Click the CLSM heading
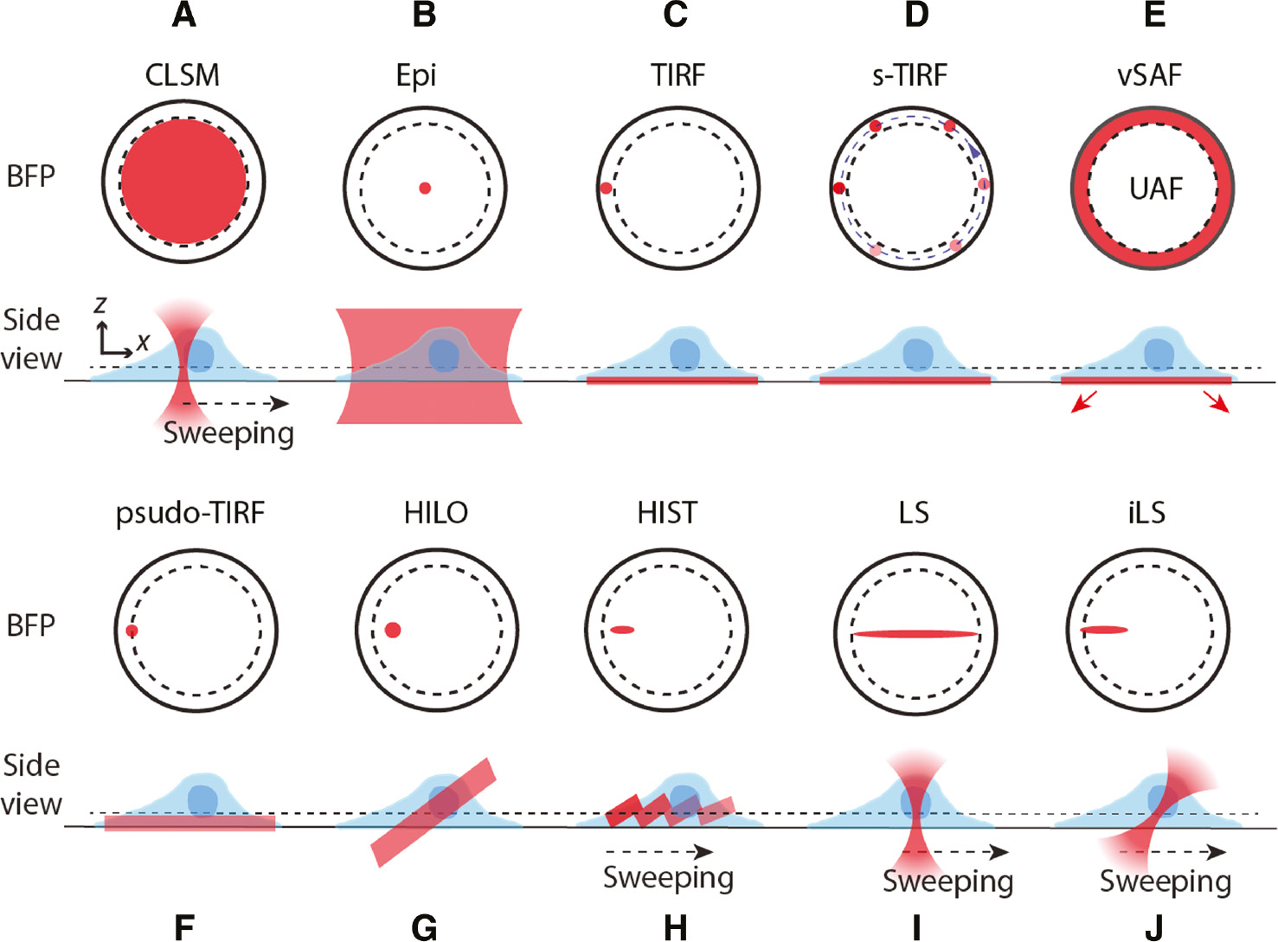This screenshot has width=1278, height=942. [183, 75]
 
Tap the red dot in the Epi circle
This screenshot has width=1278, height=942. [424, 188]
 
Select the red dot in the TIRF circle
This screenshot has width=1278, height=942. [606, 188]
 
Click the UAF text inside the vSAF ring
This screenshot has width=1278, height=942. [1155, 188]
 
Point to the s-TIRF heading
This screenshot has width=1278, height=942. [909, 75]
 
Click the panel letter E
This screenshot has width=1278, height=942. [1154, 16]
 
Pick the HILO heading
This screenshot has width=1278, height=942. [436, 513]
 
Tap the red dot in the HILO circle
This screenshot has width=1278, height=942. [393, 630]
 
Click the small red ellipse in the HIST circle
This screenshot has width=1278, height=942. [622, 630]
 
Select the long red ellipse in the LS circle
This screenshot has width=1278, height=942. [915, 634]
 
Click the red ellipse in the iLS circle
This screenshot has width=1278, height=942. [1104, 630]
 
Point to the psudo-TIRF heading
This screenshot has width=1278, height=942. [190, 513]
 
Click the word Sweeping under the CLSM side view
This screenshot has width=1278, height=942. [228, 433]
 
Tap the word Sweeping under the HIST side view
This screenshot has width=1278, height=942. [668, 877]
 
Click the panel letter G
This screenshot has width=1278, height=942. [424, 927]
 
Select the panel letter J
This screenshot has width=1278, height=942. [1154, 927]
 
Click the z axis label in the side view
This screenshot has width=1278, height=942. [101, 304]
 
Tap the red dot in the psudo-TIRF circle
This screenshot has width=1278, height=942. [132, 631]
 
